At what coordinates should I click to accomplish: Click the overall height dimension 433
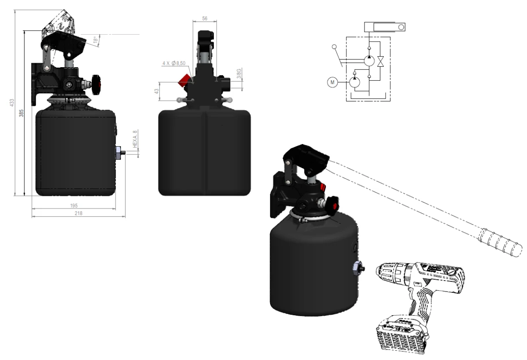pos(12,102)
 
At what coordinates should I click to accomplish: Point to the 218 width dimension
pos(78,213)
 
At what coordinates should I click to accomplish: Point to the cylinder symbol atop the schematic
pos(385,27)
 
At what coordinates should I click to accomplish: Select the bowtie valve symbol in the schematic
pos(381,61)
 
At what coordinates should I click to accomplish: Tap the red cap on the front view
pos(183,80)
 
